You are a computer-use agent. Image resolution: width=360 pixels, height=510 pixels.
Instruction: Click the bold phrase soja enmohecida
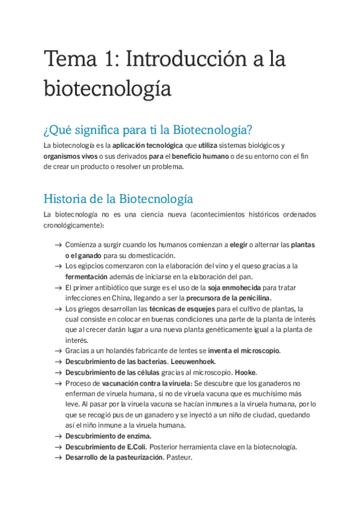pos(234,287)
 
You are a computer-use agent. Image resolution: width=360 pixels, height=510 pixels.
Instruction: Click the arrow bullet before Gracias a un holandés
pos(57,351)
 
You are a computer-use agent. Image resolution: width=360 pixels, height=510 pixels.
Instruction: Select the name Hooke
pos(246,372)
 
